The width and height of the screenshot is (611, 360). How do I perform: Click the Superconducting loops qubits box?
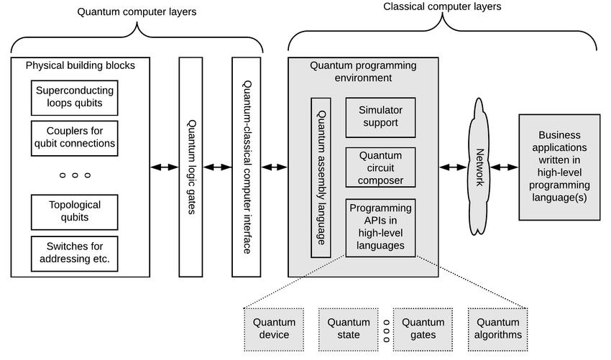pyautogui.click(x=75, y=98)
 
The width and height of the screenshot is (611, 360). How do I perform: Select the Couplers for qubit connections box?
pyautogui.click(x=75, y=137)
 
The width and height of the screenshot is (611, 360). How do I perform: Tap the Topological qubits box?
pyautogui.click(x=75, y=211)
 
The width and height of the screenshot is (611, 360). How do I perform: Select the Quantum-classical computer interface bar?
pyautogui.click(x=246, y=167)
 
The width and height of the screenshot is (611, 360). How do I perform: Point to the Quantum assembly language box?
pyautogui.click(x=321, y=177)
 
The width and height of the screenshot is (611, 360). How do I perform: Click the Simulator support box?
pyautogui.click(x=380, y=116)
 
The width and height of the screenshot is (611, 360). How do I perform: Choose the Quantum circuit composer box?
pyautogui.click(x=380, y=167)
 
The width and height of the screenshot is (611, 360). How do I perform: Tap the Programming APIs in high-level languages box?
pyautogui.click(x=380, y=227)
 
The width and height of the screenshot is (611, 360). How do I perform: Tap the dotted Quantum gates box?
pyautogui.click(x=423, y=328)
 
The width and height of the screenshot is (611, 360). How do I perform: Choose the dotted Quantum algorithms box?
pyautogui.click(x=497, y=328)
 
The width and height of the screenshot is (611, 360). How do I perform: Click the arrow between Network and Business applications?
pyautogui.click(x=504, y=167)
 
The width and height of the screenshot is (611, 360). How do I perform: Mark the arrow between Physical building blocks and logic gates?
pyautogui.click(x=165, y=167)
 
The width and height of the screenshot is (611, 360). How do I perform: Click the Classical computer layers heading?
pyautogui.click(x=442, y=6)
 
